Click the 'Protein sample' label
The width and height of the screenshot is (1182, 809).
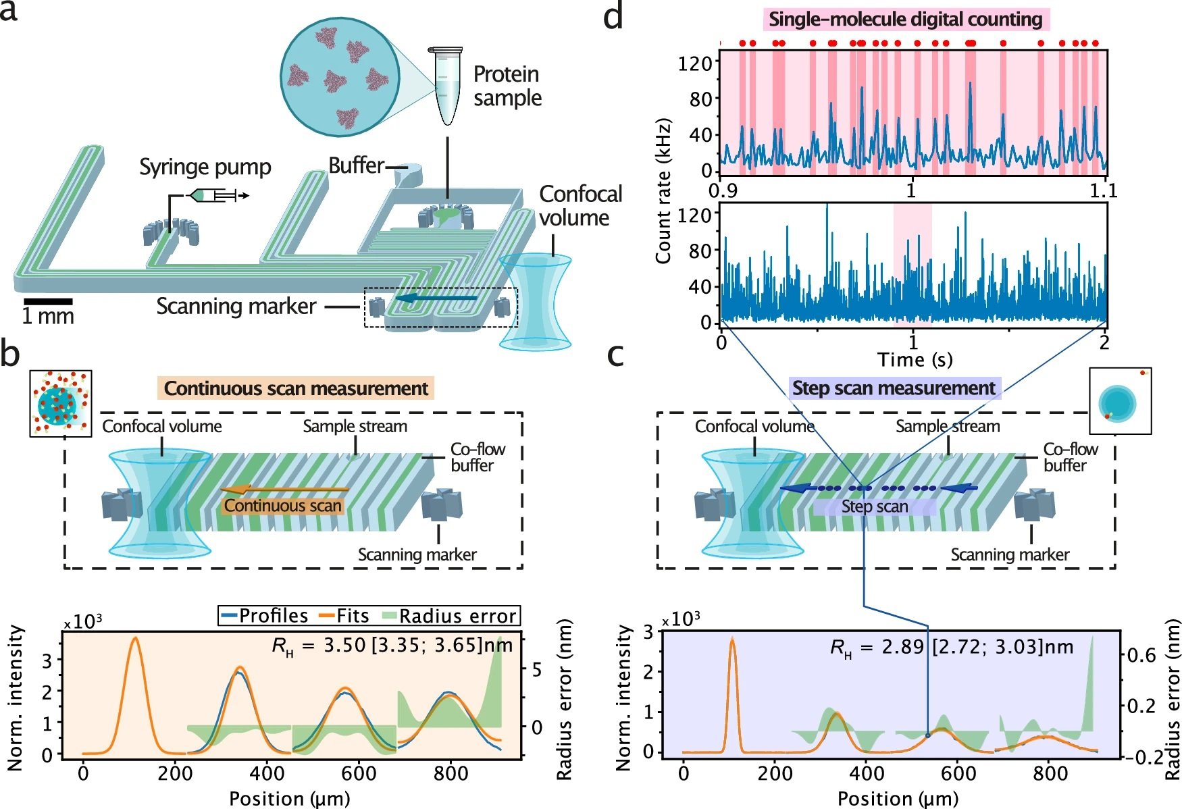point(507,86)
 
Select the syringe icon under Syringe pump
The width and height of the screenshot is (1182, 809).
point(215,196)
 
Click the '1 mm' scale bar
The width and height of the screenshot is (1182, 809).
point(48,301)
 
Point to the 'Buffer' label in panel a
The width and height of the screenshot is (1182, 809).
point(356,165)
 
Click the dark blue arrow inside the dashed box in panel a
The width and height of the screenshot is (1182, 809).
point(436,298)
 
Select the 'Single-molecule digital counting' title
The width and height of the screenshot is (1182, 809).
point(905,19)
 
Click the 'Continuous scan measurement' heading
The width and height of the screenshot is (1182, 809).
point(296,388)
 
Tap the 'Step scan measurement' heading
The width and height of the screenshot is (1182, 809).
point(893,388)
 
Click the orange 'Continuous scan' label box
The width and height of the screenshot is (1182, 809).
point(283,506)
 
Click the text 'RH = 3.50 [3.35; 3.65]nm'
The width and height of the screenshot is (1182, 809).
point(392,646)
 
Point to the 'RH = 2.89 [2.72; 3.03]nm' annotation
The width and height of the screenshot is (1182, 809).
point(951,647)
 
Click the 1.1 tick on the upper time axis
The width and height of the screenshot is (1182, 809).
point(1103,190)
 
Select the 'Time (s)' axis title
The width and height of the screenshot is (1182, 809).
point(915,359)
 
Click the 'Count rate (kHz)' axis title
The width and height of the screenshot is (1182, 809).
point(663,191)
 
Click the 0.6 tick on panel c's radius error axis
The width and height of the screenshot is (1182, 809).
point(1141,655)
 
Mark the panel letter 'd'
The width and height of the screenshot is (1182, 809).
point(613,16)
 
